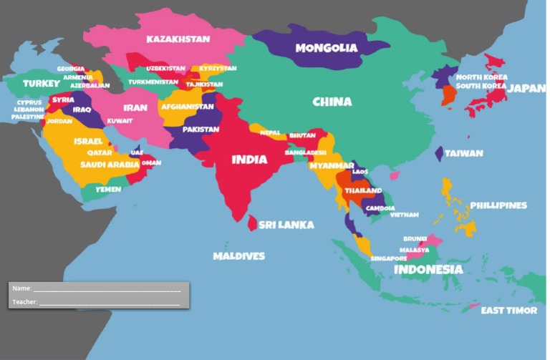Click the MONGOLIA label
[x=326, y=48]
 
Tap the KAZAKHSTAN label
[x=178, y=39]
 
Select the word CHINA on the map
[x=332, y=102]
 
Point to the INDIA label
[x=249, y=159]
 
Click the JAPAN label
[x=526, y=89]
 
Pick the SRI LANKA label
[x=286, y=225]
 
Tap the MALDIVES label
[x=238, y=256]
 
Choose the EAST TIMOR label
[x=508, y=311]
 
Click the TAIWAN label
[x=463, y=153]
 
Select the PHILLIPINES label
[x=498, y=205]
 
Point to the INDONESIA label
[x=428, y=270]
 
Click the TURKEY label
[x=42, y=84]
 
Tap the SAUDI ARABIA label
[x=109, y=164]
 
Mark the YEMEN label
[x=108, y=190]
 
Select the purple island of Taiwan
[x=439, y=154]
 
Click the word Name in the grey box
[x=21, y=288]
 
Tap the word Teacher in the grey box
[x=24, y=302]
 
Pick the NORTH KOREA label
[x=481, y=77]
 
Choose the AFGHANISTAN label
[x=188, y=107]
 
